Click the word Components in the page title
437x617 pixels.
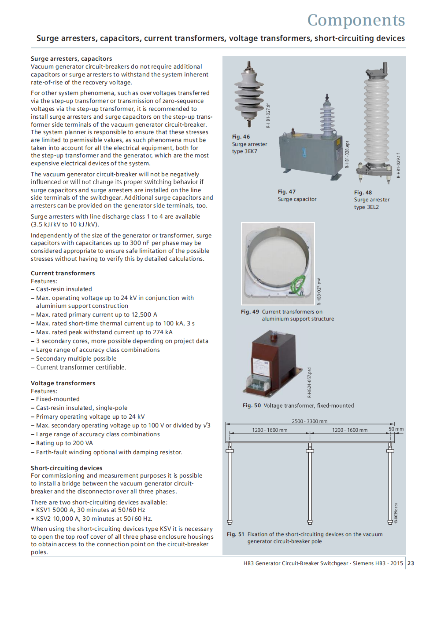(356, 20)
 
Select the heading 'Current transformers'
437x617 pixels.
(63, 273)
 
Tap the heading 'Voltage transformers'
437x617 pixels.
(63, 383)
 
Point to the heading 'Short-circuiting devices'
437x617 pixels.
(67, 468)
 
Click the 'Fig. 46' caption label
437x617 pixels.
(241, 137)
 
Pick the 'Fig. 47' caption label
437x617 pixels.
(287, 192)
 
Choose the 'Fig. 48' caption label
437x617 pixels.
(363, 193)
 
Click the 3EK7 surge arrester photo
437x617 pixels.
(249, 95)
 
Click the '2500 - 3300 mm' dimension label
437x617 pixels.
(310, 421)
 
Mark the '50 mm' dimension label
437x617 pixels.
(396, 429)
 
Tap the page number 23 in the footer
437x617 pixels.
(411, 563)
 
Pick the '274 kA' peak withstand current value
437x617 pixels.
(163, 332)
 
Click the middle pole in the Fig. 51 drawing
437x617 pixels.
(310, 484)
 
